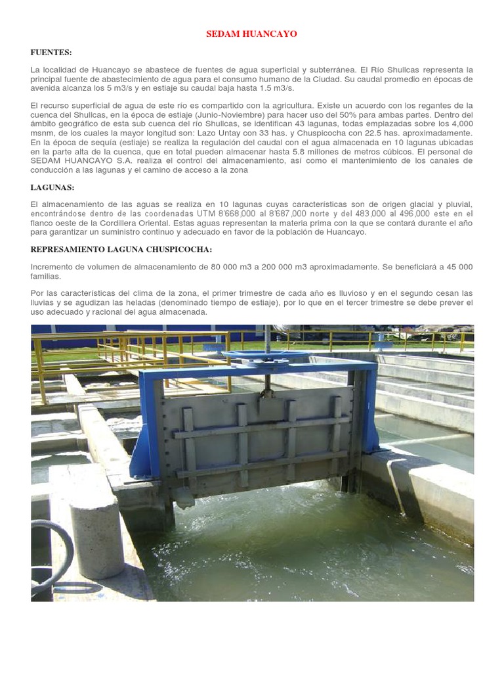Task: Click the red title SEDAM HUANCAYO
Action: pos(252,34)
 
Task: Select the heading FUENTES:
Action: pos(51,52)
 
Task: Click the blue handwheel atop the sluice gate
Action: pos(265,355)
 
